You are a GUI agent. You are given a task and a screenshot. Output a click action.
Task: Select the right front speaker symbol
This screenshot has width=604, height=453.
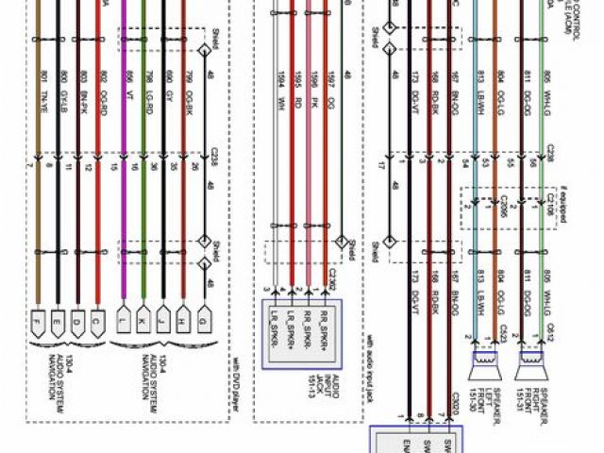[x=529, y=360]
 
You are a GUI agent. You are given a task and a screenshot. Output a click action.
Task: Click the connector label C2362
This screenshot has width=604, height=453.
[x=332, y=277]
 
